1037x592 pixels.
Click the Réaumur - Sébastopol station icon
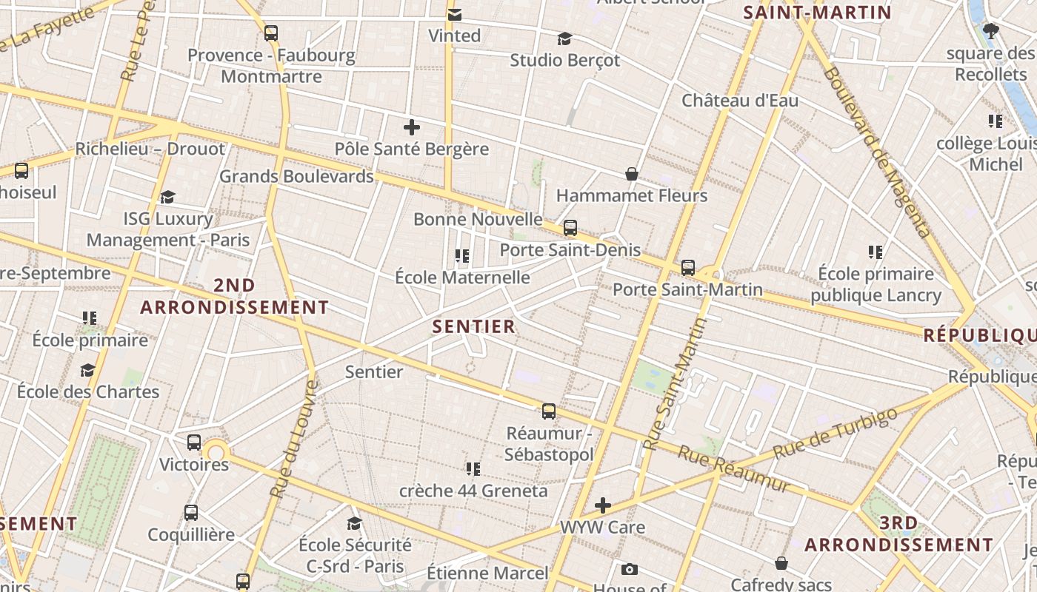click(x=549, y=411)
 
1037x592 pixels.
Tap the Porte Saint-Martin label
click(x=687, y=289)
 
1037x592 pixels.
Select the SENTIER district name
click(x=473, y=326)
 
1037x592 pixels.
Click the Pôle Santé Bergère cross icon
click(x=412, y=127)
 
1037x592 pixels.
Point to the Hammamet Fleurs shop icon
click(x=632, y=174)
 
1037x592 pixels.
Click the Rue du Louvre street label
click(x=293, y=439)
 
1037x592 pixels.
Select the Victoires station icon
click(x=194, y=443)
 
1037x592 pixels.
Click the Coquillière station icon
click(x=191, y=513)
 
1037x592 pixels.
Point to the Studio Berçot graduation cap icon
click(x=565, y=38)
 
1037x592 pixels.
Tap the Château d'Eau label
click(x=740, y=100)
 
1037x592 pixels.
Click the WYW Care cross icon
click(x=603, y=506)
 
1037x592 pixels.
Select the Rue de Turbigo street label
click(x=835, y=433)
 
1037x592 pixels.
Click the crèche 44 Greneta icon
click(x=473, y=468)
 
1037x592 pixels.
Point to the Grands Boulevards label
click(x=296, y=176)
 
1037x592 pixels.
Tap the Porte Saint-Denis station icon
click(x=570, y=228)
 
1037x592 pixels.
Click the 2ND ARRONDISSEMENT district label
click(x=234, y=296)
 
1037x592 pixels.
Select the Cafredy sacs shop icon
click(x=781, y=563)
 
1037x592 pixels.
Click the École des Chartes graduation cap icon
click(x=88, y=370)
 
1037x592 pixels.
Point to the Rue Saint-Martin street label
click(x=674, y=385)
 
